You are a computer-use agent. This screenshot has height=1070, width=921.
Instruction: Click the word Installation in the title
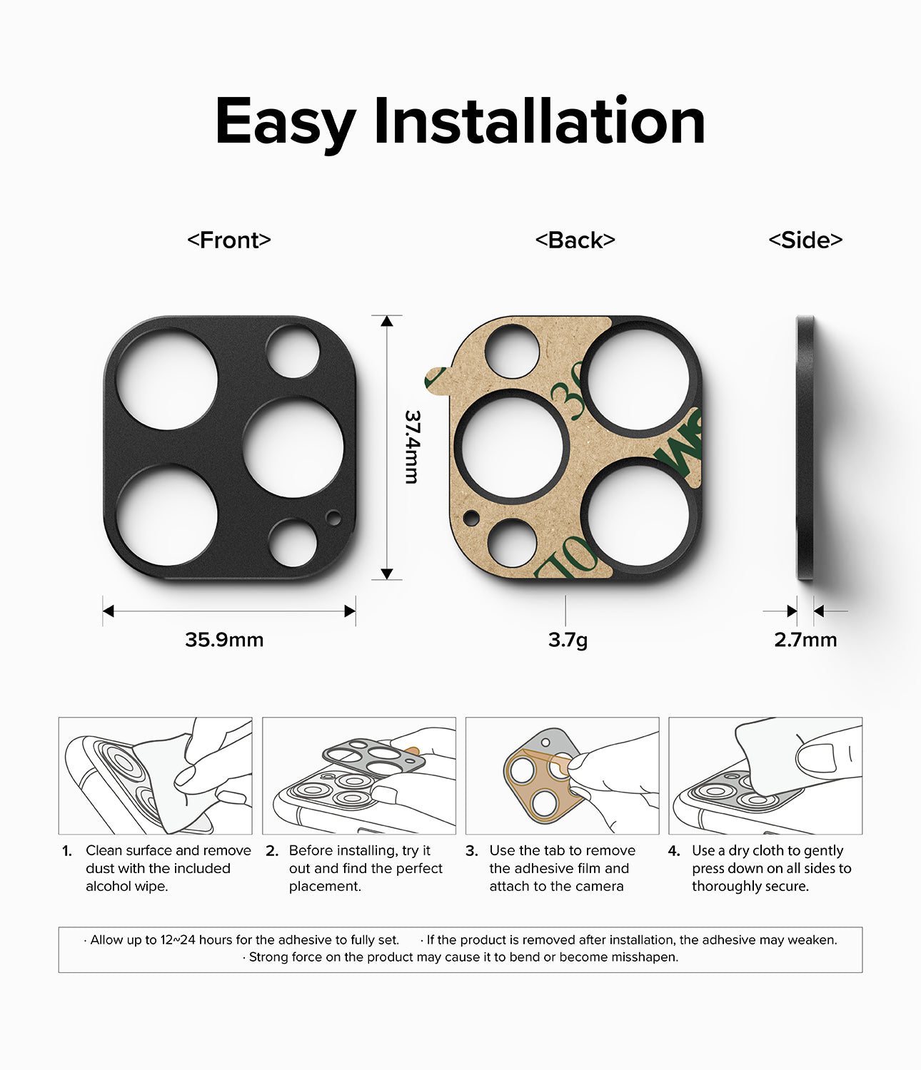[x=539, y=121]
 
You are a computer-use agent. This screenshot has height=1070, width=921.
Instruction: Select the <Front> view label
[x=229, y=240]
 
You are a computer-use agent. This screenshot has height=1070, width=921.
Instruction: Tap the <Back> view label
[x=575, y=240]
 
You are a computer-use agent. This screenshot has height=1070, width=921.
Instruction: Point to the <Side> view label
[x=805, y=240]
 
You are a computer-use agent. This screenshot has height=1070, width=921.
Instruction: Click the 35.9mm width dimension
[x=224, y=639]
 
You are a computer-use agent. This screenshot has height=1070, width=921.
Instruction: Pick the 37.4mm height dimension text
[x=412, y=447]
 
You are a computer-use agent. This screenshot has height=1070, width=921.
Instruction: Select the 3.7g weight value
[x=568, y=639]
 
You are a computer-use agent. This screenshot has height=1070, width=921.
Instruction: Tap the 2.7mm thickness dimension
[x=805, y=639]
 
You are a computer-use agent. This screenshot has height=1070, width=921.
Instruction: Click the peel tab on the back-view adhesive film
[x=435, y=378]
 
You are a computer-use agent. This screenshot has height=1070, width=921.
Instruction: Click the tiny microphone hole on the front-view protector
[x=333, y=517]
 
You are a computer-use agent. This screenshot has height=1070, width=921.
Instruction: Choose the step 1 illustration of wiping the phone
[x=156, y=776]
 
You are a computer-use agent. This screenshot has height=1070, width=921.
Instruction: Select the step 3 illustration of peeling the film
[x=562, y=776]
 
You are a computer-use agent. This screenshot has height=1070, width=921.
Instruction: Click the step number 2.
[x=271, y=851]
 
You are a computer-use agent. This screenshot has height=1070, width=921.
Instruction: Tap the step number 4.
[x=674, y=851]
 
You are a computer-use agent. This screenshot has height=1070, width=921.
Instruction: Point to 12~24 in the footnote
[x=178, y=939]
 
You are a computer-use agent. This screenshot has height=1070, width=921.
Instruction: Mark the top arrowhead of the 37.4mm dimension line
[x=387, y=321]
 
